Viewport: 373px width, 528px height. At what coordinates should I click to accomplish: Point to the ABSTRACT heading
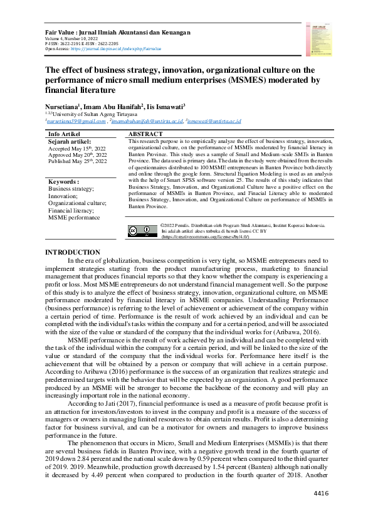[145, 134]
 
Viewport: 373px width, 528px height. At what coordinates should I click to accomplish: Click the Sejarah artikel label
[70, 142]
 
